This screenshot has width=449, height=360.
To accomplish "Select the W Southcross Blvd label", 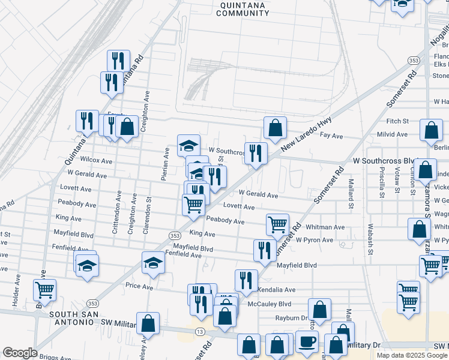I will tap(385, 161).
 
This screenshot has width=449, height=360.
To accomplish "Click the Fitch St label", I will tap(397, 121).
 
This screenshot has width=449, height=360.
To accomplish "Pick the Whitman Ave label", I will tap(325, 227).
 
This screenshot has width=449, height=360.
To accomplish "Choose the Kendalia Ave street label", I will tap(277, 290).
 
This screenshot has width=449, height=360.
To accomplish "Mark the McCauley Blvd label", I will tap(269, 304).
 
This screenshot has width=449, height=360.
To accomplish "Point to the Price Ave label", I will tap(139, 287).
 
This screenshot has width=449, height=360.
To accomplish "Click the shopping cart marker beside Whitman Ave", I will tap(277, 224).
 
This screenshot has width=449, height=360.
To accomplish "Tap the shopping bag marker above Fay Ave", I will tap(275, 127).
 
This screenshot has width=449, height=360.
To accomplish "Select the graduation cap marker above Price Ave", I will tap(153, 262).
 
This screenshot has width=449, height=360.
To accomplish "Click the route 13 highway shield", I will tap(199, 332).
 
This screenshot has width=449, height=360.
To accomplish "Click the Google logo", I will tap(20, 353).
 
